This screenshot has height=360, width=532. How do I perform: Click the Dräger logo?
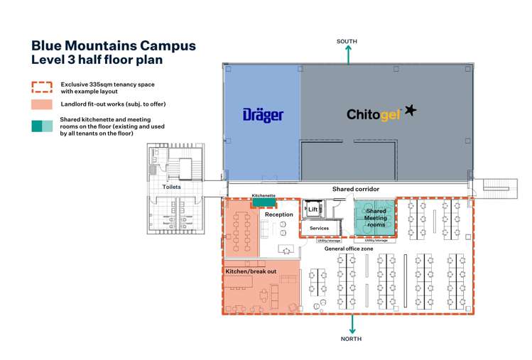[x=264, y=115]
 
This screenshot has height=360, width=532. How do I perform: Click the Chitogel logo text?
[x=374, y=115]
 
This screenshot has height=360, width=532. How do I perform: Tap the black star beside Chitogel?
[x=411, y=110]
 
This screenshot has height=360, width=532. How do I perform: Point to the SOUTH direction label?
[x=347, y=41]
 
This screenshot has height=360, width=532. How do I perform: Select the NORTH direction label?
[x=351, y=339]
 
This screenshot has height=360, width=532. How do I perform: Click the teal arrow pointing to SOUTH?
[x=348, y=55]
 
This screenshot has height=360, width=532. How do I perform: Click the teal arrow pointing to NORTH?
[x=352, y=324]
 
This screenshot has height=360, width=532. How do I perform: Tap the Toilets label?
[x=171, y=187]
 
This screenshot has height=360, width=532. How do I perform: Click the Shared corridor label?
[x=356, y=189]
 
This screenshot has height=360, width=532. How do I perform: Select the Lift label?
[x=313, y=209]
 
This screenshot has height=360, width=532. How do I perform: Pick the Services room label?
[x=319, y=229]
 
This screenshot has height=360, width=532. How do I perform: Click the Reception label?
[x=279, y=214]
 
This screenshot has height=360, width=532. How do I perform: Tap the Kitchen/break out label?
[x=251, y=271]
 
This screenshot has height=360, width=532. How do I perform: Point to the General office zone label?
[x=349, y=249]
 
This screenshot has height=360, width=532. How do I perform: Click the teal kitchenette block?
[x=264, y=202]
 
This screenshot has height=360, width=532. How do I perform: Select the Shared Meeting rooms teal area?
[x=375, y=217]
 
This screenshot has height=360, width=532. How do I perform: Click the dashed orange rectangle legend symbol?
[x=42, y=87]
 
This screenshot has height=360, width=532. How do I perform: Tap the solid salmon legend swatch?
[x=42, y=104]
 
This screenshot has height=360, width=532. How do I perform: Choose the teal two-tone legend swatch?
[x=42, y=126]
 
